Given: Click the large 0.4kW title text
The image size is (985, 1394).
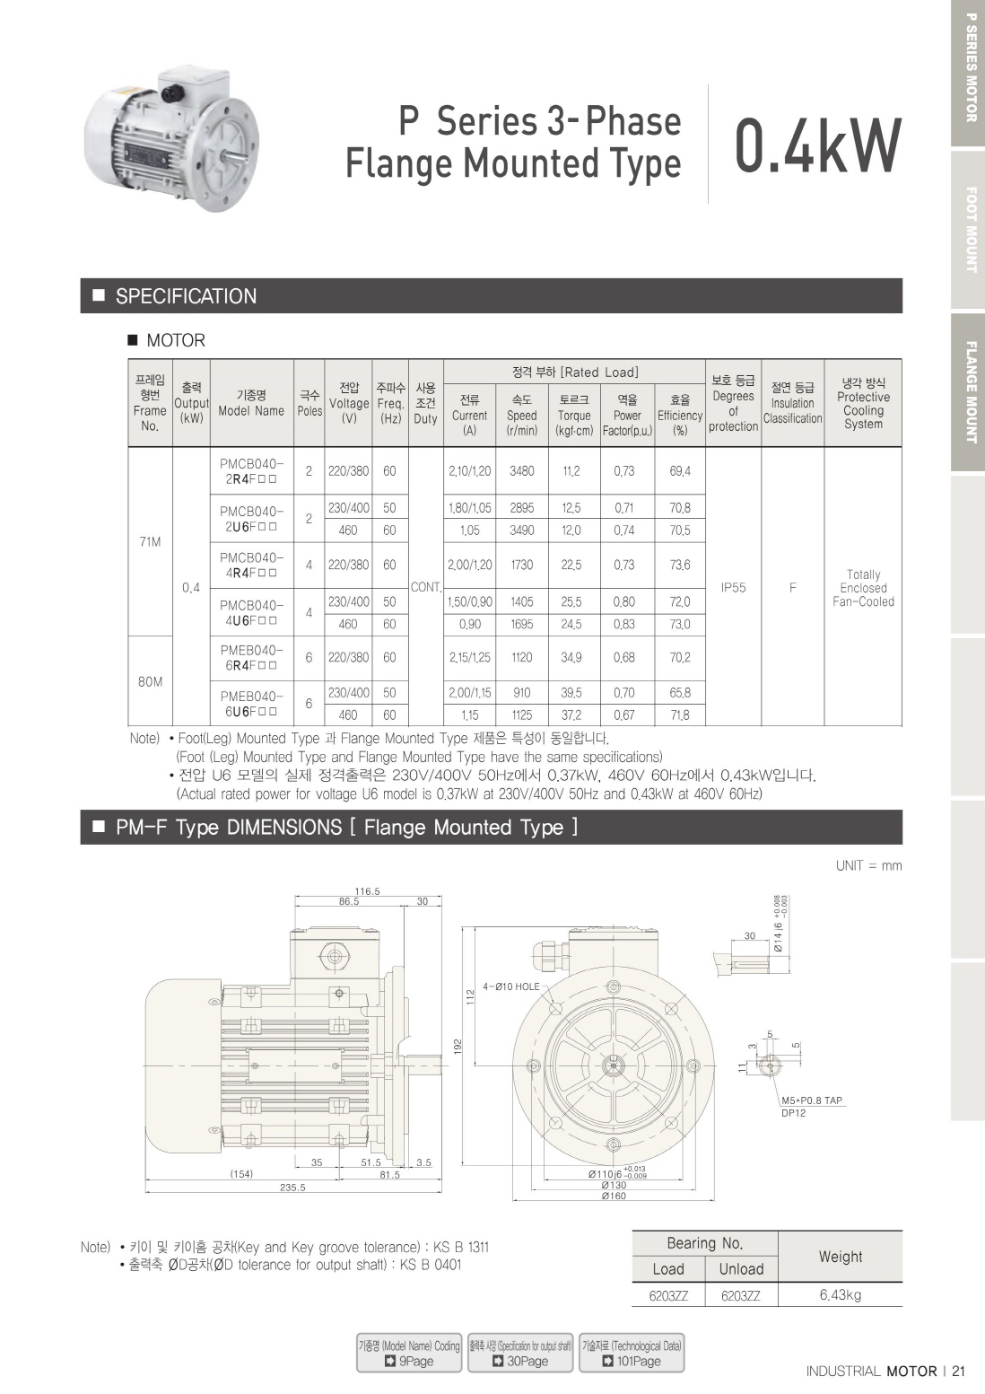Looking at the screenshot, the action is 818,147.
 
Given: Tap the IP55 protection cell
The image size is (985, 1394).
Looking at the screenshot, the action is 733,587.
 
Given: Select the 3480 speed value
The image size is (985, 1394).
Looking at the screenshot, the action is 522,471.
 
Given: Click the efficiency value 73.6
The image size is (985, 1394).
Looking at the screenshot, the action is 680,565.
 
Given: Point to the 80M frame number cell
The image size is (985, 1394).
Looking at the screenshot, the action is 150,681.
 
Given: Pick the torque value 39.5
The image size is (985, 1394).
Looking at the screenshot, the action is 571,693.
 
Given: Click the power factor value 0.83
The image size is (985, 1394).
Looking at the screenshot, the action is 623,624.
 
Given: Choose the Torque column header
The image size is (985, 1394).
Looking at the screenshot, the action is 574,415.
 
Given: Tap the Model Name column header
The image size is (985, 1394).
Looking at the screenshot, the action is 251,403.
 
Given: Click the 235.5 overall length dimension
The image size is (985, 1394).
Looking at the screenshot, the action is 292,1188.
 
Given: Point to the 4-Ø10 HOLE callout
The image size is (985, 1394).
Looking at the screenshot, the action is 511,986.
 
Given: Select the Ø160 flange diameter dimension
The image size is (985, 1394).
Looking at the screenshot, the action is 614,1197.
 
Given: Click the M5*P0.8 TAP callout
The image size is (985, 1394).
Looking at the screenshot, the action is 812,1100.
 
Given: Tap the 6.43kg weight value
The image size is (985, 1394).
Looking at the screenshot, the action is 840,1294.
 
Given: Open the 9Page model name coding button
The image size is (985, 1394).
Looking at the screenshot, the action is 409,1353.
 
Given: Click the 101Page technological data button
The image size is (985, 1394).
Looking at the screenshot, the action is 632,1353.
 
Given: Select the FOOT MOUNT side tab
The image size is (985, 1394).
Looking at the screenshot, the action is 970,230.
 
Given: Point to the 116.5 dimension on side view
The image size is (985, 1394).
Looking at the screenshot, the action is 367,891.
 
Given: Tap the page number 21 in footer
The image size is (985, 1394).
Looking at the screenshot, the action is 958,1371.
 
